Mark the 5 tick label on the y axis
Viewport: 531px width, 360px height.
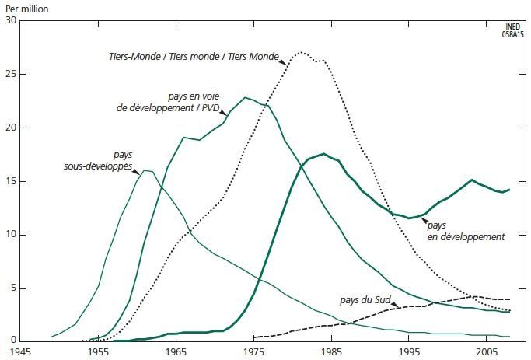pyautogui.click(x=12, y=289)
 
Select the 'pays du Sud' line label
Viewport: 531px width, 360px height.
pyautogui.click(x=364, y=299)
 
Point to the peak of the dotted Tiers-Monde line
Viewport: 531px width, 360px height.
pyautogui.click(x=301, y=53)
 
